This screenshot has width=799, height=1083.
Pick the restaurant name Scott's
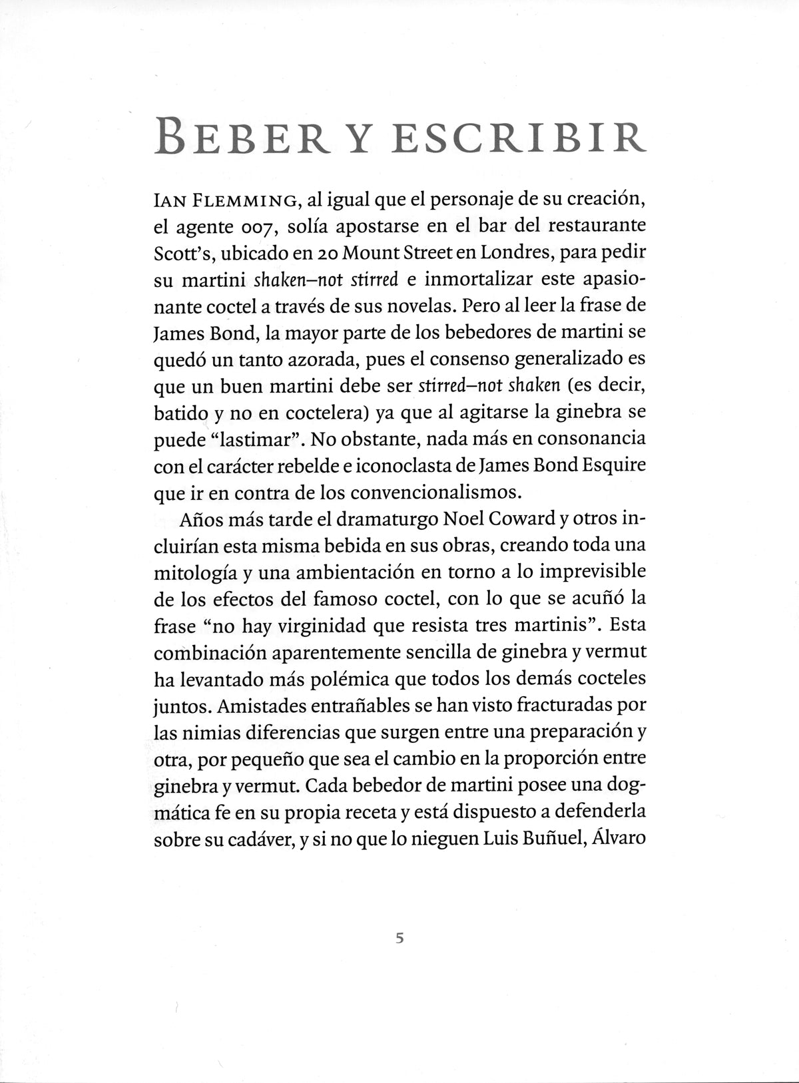[x=183, y=253]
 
